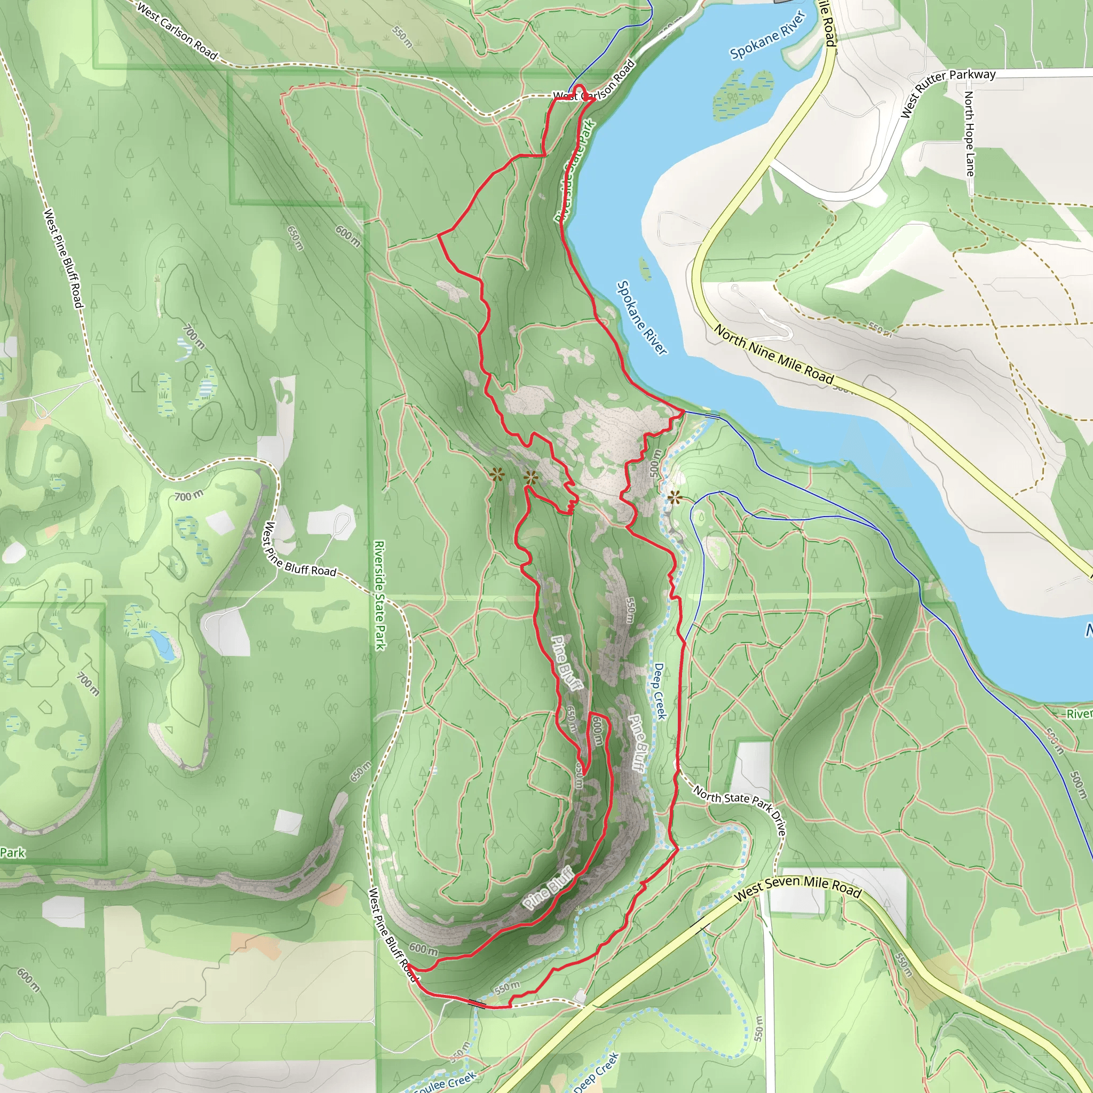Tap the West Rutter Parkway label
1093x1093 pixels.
948,93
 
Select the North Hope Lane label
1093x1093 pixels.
969,133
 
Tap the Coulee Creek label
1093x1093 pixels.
444,1083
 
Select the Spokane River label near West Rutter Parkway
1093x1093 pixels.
767,35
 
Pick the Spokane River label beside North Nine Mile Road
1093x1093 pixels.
642,318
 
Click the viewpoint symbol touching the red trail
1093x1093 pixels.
530,478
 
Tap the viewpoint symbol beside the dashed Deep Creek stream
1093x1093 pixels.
674,498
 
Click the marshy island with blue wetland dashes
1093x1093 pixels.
743,94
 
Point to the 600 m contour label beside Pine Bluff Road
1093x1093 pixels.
423,948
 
